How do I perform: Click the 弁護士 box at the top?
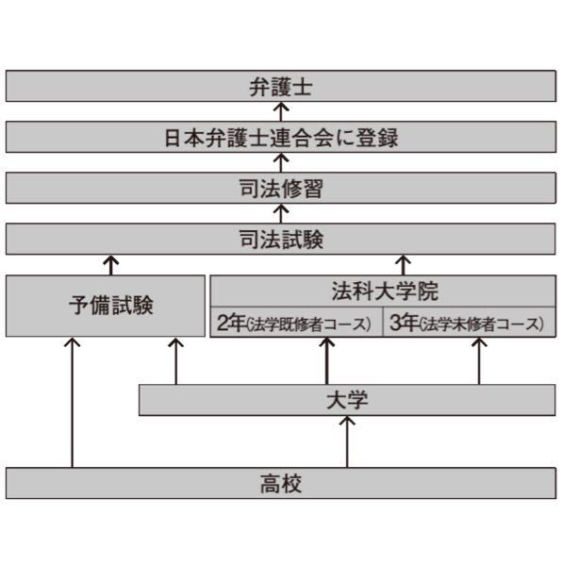[x=280, y=87]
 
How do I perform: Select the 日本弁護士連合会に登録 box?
[x=280, y=138]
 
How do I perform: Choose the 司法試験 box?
[x=280, y=239]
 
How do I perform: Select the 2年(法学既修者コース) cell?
[x=295, y=324]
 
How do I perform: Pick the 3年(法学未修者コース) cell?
[x=468, y=324]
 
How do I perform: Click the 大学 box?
[x=346, y=400]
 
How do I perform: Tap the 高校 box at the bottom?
[x=280, y=483]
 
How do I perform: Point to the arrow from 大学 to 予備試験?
[x=175, y=361]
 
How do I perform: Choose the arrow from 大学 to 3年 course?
[x=479, y=361]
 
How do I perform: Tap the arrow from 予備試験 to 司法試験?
[x=111, y=264]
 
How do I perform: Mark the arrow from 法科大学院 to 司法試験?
[x=403, y=264]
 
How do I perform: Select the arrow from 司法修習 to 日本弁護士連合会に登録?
[x=280, y=163]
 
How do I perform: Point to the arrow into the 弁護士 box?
[x=280, y=112]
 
